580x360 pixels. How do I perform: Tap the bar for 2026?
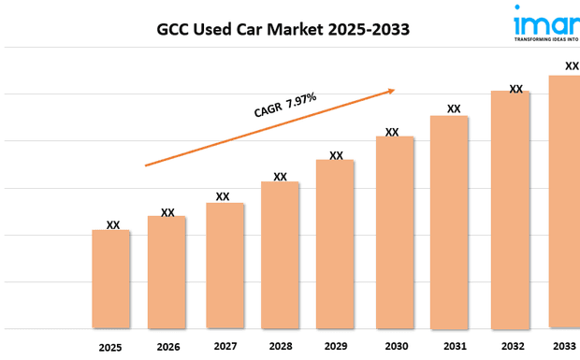(x=167, y=272)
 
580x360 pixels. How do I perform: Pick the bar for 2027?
(x=225, y=266)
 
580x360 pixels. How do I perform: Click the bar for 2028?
(x=280, y=254)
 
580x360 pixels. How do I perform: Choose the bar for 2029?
(x=335, y=244)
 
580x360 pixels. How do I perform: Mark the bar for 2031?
(x=449, y=222)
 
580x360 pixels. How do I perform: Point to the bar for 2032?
(x=511, y=209)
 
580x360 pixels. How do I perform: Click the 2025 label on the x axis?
(x=110, y=347)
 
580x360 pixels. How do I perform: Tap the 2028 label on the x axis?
(x=280, y=346)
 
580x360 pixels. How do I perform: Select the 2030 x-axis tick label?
(x=396, y=346)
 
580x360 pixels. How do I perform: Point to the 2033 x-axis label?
(x=564, y=345)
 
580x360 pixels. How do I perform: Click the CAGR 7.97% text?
(x=285, y=105)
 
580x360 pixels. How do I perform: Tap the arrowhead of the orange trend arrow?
(x=391, y=91)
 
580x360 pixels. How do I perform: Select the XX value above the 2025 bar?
(x=112, y=224)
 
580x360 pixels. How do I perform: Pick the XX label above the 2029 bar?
(x=336, y=155)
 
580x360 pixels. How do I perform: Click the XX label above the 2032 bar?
(x=515, y=88)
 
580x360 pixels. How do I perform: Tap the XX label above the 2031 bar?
(x=454, y=108)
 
